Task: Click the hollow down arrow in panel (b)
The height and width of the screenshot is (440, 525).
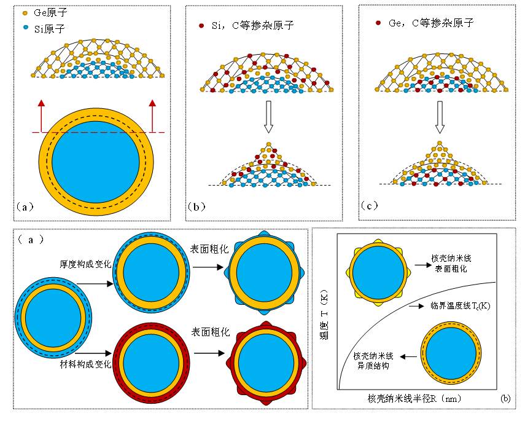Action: pos(267,118)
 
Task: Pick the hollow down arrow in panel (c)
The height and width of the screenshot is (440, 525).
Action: pos(440,117)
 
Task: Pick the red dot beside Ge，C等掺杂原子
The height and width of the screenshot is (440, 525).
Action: pos(379,23)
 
